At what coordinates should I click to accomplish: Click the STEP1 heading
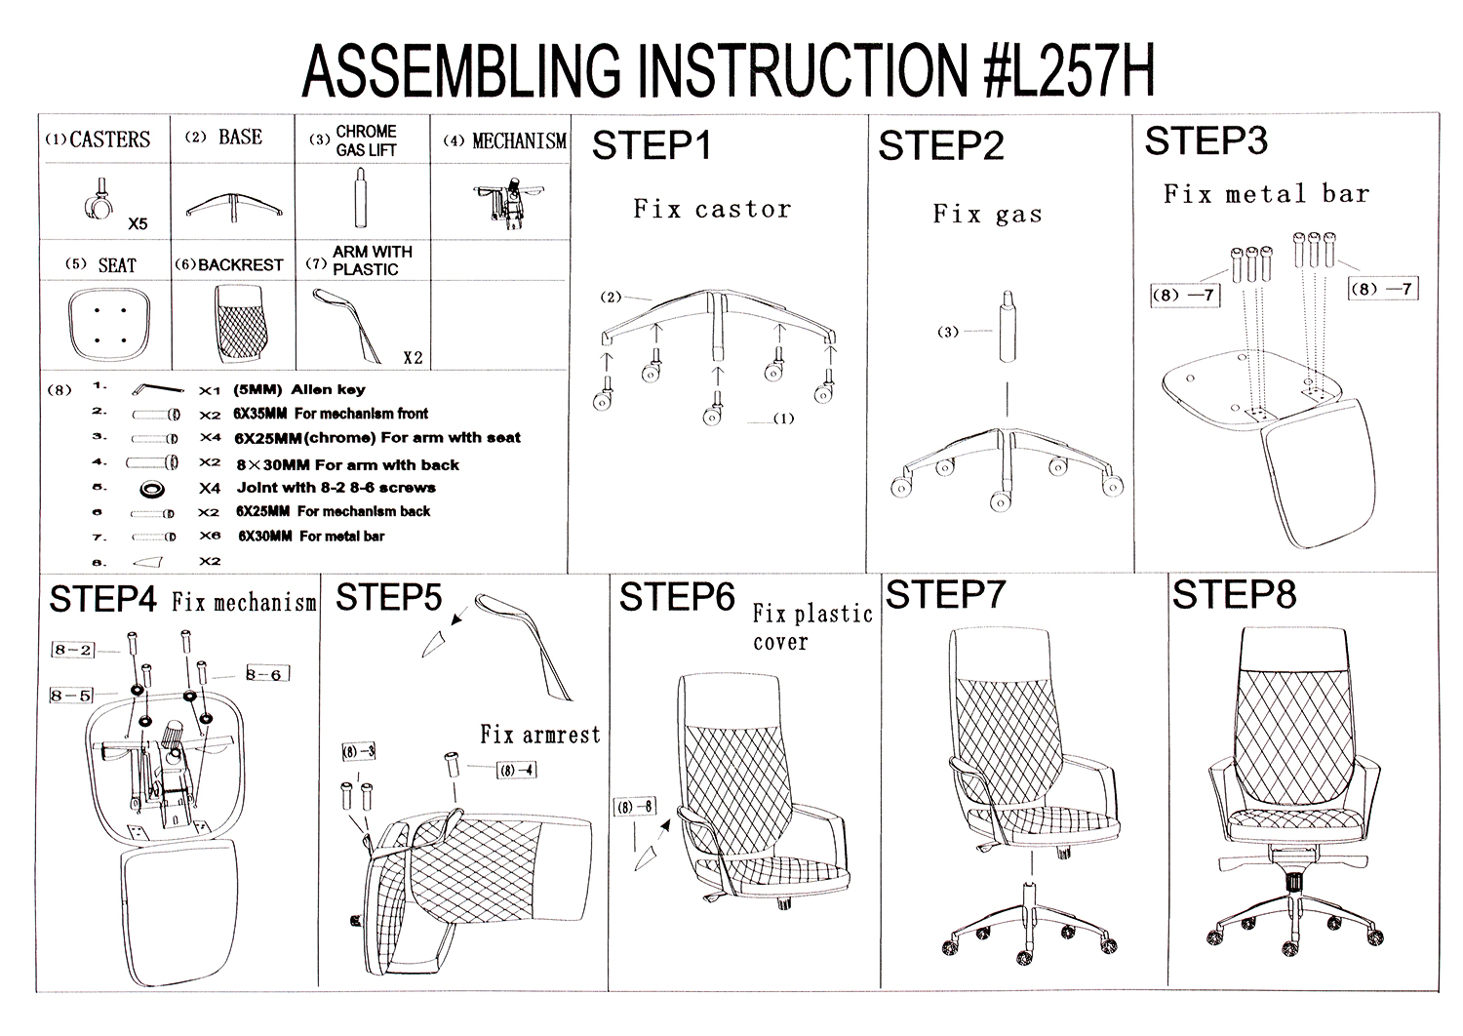tap(652, 146)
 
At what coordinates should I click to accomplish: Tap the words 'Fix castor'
tap(712, 209)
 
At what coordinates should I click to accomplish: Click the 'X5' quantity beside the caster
tap(138, 224)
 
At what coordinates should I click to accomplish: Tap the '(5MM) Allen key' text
tap(299, 389)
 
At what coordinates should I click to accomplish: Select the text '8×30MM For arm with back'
tap(347, 464)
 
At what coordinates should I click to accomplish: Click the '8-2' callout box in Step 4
tap(73, 650)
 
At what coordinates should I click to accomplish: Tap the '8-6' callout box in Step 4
tap(264, 674)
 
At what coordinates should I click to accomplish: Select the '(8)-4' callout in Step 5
tap(516, 770)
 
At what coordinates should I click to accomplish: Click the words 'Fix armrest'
tap(539, 735)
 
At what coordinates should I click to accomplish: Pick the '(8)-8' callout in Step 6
tap(634, 807)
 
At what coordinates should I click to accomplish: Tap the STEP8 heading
tap(1234, 594)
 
